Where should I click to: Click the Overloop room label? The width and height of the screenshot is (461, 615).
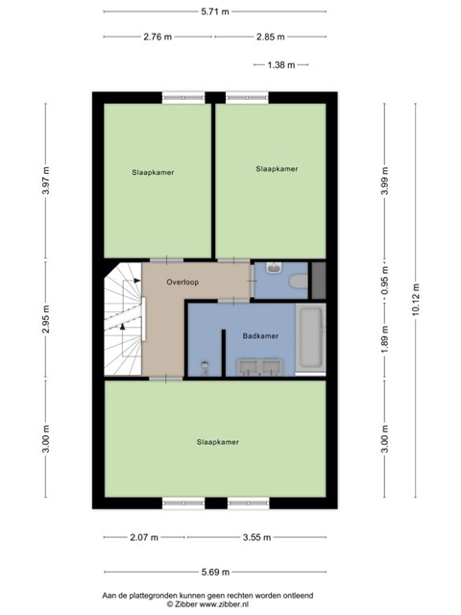point(182,282)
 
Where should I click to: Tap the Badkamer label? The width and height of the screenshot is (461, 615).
point(260,335)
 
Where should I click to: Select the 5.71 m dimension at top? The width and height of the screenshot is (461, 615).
point(215,12)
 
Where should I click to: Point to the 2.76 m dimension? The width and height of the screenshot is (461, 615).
point(158,37)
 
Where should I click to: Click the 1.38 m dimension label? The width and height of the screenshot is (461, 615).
point(281,64)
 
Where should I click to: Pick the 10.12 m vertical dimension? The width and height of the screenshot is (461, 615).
point(416,299)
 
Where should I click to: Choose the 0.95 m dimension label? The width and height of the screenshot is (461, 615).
point(385,281)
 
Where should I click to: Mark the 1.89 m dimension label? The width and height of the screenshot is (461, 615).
point(385,339)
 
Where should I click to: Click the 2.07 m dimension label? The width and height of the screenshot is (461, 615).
point(144,537)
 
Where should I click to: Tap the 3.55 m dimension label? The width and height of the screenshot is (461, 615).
point(256,537)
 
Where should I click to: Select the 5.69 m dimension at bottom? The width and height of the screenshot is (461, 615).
point(215,572)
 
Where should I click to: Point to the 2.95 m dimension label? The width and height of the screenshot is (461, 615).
point(46,319)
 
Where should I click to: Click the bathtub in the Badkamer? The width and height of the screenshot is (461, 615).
point(310,337)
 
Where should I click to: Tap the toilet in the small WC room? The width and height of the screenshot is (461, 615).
point(299,282)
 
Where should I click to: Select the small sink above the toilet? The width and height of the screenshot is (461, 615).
point(273,268)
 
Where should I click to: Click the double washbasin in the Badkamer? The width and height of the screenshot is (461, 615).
point(259,367)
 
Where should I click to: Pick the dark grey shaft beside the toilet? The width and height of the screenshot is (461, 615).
point(318,280)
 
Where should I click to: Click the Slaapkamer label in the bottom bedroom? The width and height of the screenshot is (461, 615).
point(218,442)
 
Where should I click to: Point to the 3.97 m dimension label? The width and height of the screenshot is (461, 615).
point(46,181)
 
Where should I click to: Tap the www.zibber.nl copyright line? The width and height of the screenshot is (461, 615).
point(207,604)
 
